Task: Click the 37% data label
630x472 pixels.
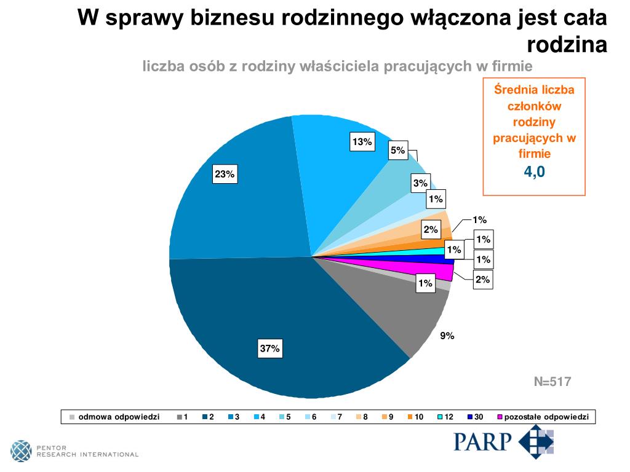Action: point(269,348)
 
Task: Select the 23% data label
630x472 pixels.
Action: point(224,175)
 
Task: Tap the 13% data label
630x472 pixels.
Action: point(362,142)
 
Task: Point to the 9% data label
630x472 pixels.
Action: point(447,336)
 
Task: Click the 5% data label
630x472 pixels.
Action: point(397,150)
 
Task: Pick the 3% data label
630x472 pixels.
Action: point(420,183)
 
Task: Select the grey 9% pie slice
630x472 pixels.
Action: point(418,313)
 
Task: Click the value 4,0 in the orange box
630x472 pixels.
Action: point(534,172)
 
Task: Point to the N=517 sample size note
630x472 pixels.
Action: point(552,382)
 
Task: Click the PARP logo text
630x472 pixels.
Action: point(483,441)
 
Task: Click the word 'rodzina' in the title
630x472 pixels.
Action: point(567,45)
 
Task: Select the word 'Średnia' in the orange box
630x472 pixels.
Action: point(514,90)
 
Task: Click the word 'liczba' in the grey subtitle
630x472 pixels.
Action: point(165,66)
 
